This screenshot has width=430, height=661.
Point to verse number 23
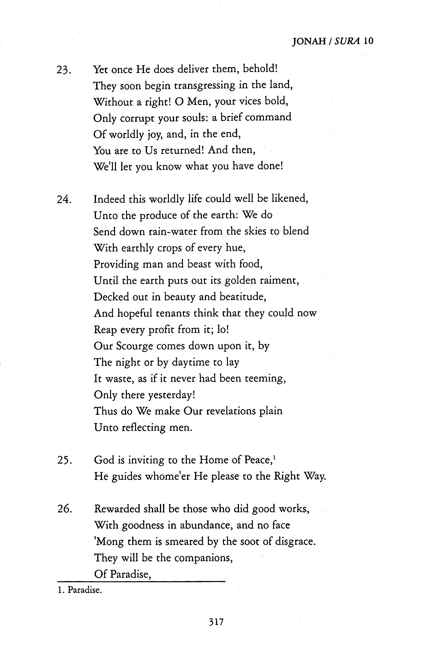(64, 70)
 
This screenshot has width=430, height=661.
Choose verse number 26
(65, 509)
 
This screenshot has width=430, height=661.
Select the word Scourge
(135, 346)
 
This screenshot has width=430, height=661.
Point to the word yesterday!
(172, 395)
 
